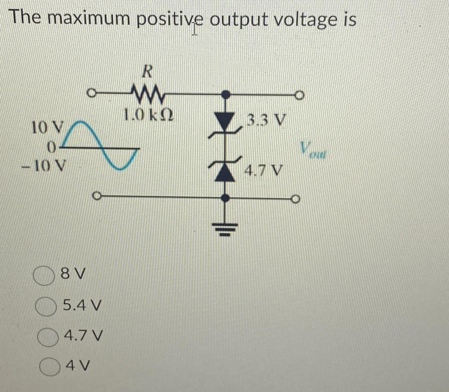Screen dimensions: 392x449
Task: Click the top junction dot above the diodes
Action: pyautogui.click(x=227, y=94)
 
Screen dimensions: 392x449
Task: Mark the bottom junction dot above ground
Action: pyautogui.click(x=227, y=198)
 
